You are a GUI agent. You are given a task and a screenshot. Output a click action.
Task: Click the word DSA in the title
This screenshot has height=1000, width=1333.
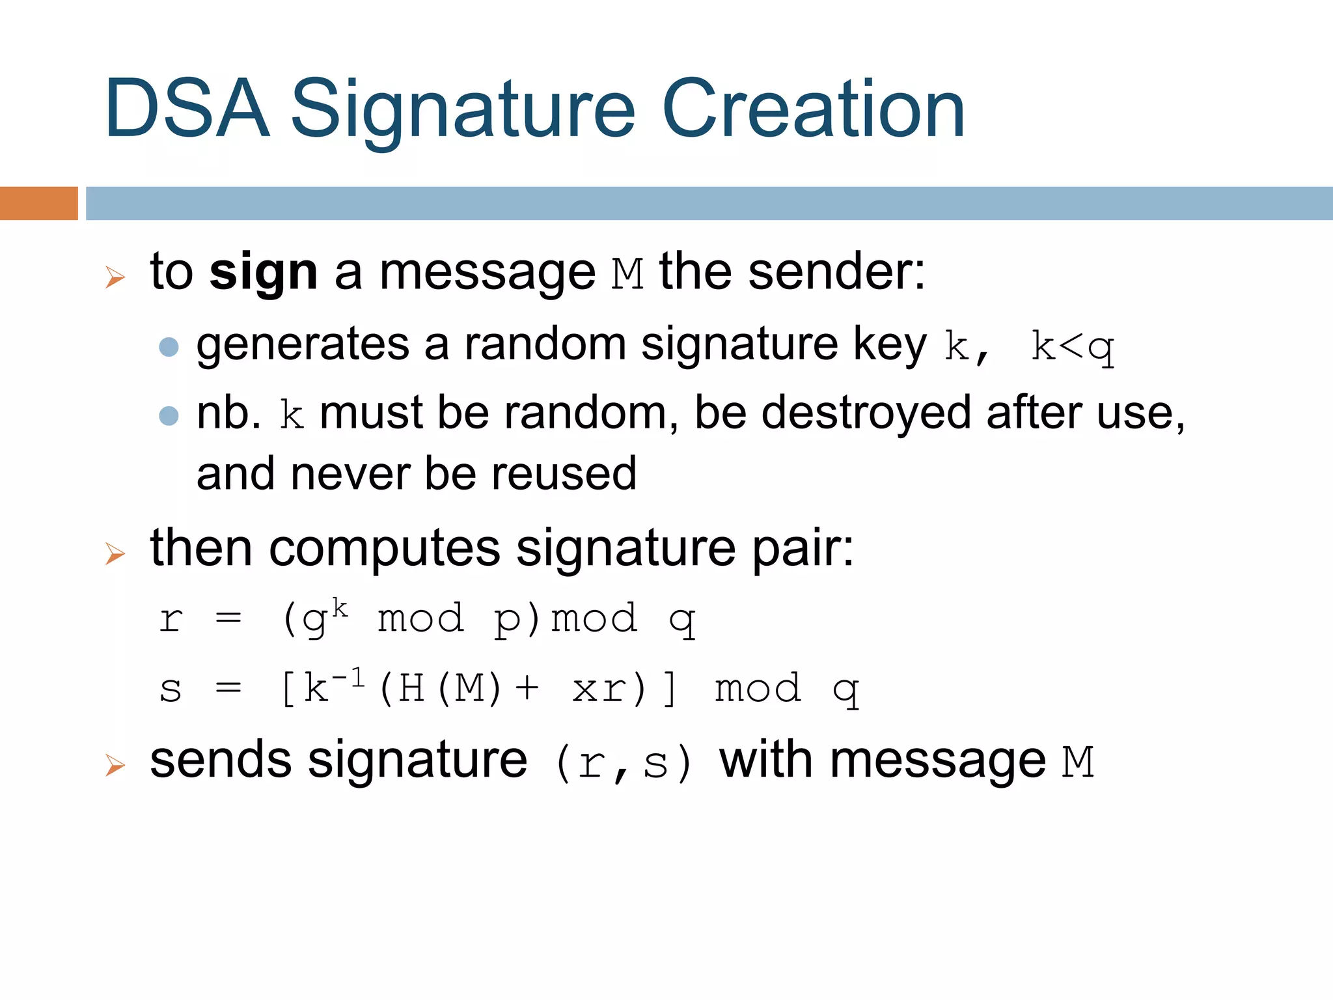pos(187,109)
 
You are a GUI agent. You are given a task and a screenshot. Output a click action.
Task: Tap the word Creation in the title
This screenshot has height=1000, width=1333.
pos(813,109)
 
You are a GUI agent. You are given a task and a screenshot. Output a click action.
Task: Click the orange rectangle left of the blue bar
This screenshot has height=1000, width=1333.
pos(38,203)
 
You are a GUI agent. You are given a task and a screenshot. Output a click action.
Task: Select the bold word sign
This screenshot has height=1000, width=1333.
pos(264,272)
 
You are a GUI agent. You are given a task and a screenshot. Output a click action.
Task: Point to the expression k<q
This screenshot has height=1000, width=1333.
pos(1073,346)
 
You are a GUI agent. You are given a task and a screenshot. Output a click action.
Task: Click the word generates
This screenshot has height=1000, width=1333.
pos(303,345)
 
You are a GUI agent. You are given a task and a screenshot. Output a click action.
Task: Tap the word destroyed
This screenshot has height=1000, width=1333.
pos(866,413)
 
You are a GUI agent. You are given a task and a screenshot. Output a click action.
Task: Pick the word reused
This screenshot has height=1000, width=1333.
pos(564,473)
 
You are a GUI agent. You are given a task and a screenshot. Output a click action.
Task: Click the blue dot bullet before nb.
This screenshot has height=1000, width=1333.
pos(169,415)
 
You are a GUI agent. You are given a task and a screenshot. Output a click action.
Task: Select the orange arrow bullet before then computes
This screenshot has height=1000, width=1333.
pos(115,554)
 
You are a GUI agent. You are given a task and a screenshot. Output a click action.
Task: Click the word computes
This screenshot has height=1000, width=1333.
pos(385,548)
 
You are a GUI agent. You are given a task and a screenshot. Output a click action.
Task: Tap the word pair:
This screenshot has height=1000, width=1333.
pos(803,548)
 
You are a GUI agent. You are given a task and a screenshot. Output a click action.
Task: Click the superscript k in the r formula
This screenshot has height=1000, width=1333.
pos(340,608)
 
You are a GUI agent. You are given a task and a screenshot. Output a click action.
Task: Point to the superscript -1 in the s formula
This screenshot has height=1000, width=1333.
pos(348,679)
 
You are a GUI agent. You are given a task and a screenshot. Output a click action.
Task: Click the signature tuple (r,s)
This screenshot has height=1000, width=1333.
pos(624,763)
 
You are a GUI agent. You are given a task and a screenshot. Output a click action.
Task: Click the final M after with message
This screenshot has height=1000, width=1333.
pos(1078,762)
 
